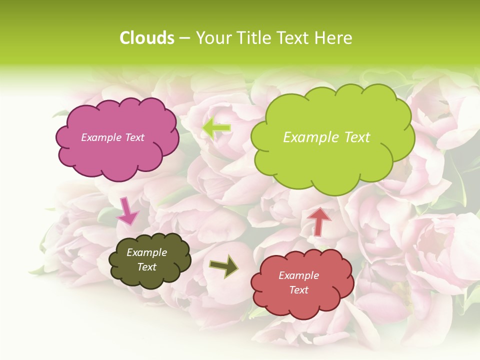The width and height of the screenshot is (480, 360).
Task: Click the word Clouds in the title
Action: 147,38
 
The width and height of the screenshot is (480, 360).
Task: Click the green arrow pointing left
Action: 216,128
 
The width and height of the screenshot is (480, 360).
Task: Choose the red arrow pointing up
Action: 319,221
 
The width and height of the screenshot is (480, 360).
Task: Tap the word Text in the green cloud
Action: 355,137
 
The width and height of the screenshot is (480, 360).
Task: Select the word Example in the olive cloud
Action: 147,253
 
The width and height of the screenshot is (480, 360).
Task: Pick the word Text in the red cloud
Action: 299,290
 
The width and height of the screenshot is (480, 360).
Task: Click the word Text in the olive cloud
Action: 147,267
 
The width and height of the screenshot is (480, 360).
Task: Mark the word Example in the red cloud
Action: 299,275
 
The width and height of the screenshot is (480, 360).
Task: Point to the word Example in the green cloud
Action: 310,137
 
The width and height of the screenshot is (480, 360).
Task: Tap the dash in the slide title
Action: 185,38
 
